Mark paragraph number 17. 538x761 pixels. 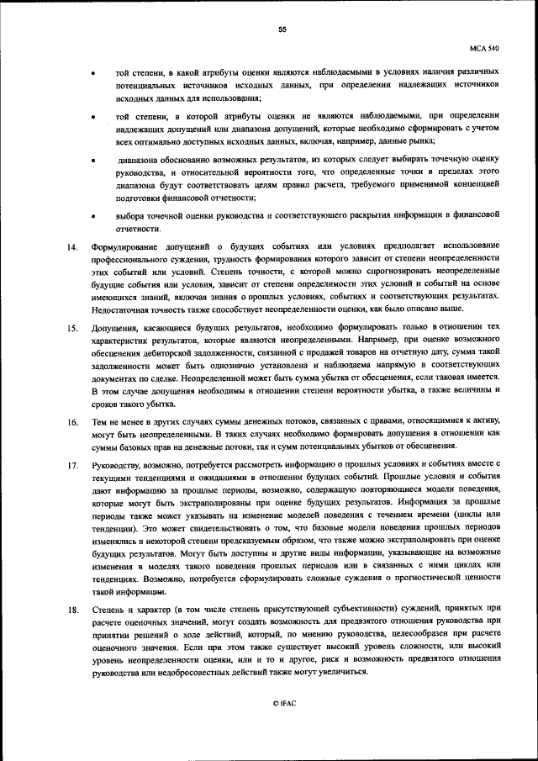73,463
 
